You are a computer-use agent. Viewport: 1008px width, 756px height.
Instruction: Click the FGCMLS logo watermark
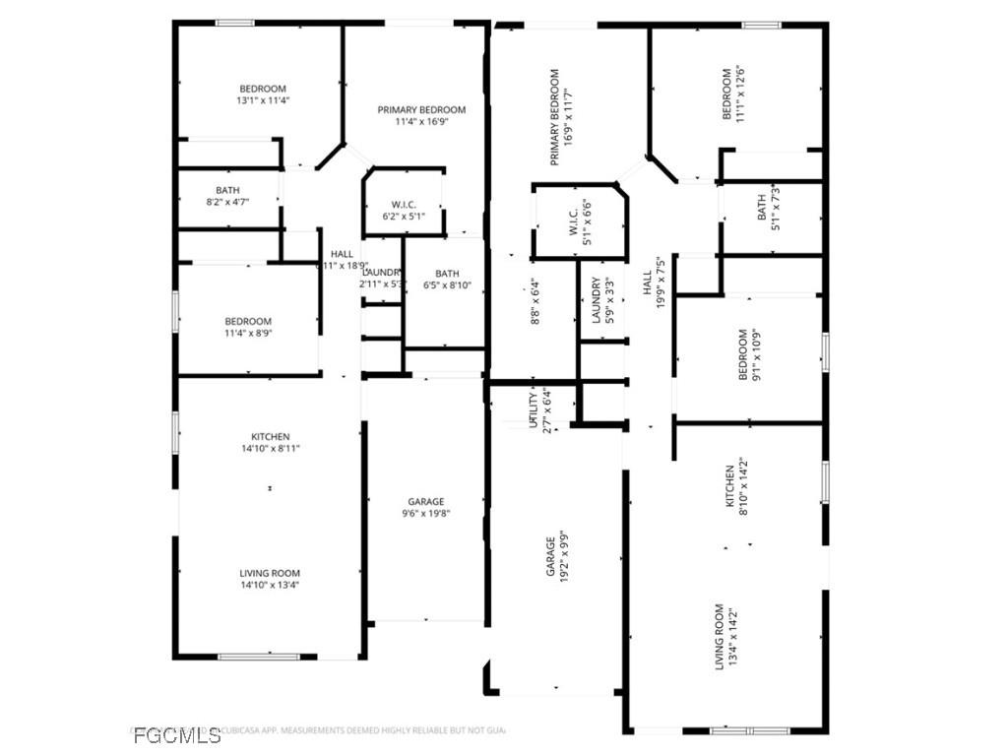[x=177, y=735]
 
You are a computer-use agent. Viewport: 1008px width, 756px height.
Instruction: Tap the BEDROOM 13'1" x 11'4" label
[x=262, y=94]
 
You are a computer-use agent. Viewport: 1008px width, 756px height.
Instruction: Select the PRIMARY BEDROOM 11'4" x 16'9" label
[x=421, y=116]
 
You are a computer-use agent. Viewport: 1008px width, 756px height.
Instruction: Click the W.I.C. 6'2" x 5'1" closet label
[x=404, y=210]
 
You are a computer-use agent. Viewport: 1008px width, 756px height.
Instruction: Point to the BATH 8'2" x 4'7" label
[x=227, y=196]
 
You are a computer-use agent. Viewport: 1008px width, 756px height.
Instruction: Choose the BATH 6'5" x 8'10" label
[x=447, y=280]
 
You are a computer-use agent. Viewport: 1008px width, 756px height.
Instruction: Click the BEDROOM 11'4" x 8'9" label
[x=247, y=327]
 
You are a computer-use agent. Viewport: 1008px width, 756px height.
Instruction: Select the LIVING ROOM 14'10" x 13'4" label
[x=270, y=579]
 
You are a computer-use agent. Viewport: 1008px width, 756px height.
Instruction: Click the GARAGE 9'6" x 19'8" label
[x=426, y=507]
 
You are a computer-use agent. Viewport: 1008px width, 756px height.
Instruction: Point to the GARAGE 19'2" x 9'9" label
[x=557, y=570]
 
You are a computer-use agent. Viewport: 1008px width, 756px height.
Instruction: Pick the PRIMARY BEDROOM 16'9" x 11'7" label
[x=561, y=117]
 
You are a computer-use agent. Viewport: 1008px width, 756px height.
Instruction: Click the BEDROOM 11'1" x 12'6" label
[x=734, y=94]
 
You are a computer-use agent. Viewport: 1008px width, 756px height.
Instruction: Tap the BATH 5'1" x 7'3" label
[x=768, y=208]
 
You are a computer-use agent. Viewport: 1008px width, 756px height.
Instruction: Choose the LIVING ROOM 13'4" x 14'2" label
[x=725, y=637]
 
